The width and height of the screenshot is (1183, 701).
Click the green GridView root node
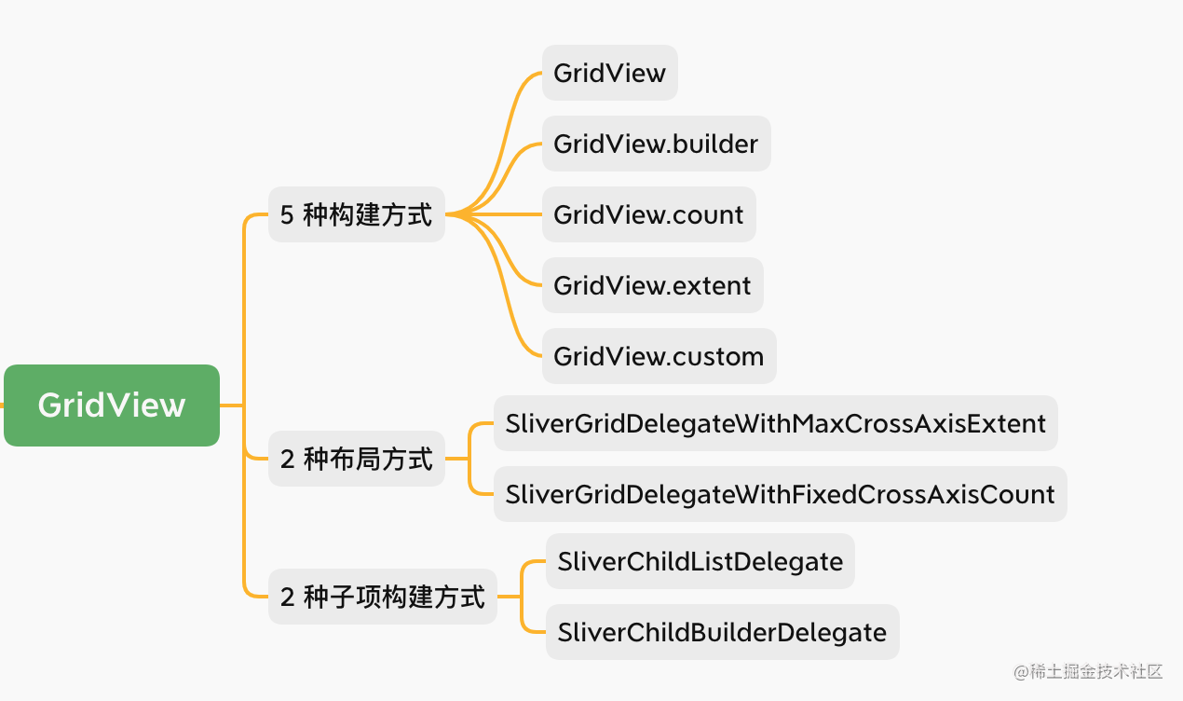coord(112,405)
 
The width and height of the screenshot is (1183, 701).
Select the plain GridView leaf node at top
coord(609,73)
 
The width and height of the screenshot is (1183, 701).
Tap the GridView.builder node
coord(656,144)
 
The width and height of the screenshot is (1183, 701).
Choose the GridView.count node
coord(648,214)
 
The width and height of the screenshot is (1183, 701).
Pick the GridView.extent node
coord(652,285)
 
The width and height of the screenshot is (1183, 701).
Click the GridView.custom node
coord(659,356)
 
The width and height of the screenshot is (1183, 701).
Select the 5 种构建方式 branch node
coord(357,214)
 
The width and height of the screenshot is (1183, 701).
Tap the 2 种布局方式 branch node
coord(357,459)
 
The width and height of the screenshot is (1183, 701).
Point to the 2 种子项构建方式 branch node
coord(382,597)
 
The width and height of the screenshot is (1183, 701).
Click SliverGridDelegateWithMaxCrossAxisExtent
coord(775,423)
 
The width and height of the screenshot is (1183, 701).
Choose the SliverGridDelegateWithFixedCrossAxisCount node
coord(780,494)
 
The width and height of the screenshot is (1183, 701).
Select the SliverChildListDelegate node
coord(700,561)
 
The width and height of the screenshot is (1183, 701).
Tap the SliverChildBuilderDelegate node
coord(723,632)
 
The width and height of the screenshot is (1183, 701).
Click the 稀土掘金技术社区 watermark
coord(1088,671)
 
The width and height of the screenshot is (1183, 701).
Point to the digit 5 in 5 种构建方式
coord(287,214)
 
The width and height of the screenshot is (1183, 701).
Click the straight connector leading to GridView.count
coord(494,214)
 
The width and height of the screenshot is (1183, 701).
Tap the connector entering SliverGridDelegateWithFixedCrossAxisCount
coord(469,478)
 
